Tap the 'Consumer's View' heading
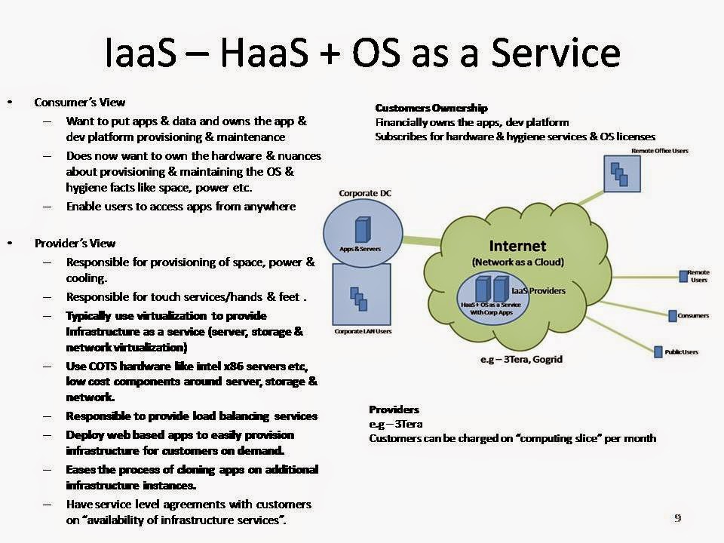click(x=79, y=102)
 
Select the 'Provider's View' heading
click(x=75, y=243)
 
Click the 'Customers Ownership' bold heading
click(x=431, y=108)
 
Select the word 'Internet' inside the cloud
click(x=517, y=247)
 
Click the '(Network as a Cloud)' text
click(x=517, y=262)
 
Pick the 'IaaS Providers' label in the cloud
click(x=538, y=290)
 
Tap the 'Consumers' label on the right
click(x=693, y=315)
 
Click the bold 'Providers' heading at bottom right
click(x=394, y=410)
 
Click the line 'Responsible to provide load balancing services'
click(x=192, y=416)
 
